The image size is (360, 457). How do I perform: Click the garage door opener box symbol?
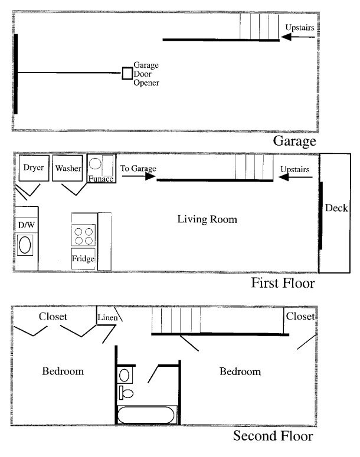(127, 73)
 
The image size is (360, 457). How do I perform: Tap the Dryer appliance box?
(34, 168)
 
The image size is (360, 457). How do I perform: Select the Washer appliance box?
(67, 168)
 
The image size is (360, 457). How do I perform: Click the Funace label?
(101, 178)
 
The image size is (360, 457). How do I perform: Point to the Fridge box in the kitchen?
(83, 258)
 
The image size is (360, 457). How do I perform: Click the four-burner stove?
(83, 235)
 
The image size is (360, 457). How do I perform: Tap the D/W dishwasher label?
(26, 225)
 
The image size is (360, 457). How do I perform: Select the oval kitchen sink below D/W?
(25, 245)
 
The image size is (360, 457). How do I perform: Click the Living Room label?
(207, 219)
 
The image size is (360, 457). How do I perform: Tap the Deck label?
(336, 208)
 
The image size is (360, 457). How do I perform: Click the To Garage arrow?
(139, 176)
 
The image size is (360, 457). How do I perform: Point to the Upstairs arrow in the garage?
(298, 37)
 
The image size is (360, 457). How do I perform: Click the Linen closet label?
(107, 317)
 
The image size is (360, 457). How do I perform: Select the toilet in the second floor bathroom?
(126, 393)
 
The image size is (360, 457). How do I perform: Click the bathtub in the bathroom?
(146, 415)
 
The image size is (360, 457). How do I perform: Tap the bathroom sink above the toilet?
(125, 376)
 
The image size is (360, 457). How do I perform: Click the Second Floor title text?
(273, 436)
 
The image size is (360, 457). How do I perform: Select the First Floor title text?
(283, 283)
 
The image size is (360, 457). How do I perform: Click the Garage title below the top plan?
(294, 142)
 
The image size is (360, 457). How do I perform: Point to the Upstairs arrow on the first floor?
(296, 177)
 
